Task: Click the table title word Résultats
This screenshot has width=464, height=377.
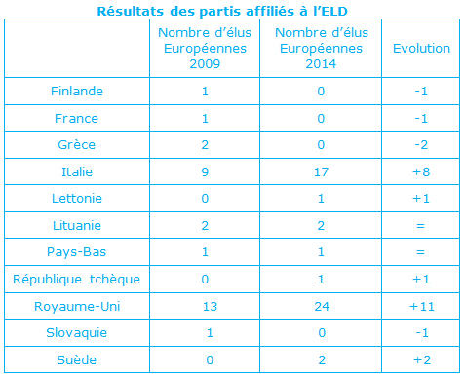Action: click(131, 12)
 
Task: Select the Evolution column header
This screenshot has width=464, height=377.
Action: click(421, 49)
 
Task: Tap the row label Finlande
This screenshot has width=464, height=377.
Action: click(77, 92)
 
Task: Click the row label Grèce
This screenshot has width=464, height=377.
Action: click(77, 145)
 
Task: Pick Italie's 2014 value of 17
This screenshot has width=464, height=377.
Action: click(321, 171)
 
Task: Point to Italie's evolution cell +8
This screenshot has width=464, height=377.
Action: click(421, 171)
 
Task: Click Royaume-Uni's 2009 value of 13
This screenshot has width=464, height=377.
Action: click(210, 306)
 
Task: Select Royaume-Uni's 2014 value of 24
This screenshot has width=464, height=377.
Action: click(322, 306)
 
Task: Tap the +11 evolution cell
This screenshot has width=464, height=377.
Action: click(422, 306)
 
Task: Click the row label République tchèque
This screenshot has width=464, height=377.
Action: click(76, 280)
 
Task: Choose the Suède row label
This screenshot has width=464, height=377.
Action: click(77, 359)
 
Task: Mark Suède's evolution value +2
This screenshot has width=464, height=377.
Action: click(422, 359)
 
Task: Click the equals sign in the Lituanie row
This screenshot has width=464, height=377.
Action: click(420, 225)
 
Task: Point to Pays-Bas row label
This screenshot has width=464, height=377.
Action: click(77, 252)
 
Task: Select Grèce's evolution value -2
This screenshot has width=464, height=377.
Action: click(421, 145)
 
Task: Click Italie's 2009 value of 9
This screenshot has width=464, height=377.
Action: click(205, 171)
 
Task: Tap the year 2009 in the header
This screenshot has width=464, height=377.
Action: click(205, 64)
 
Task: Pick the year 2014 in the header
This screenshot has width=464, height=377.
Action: click(321, 64)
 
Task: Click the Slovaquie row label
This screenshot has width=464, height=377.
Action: click(77, 333)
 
